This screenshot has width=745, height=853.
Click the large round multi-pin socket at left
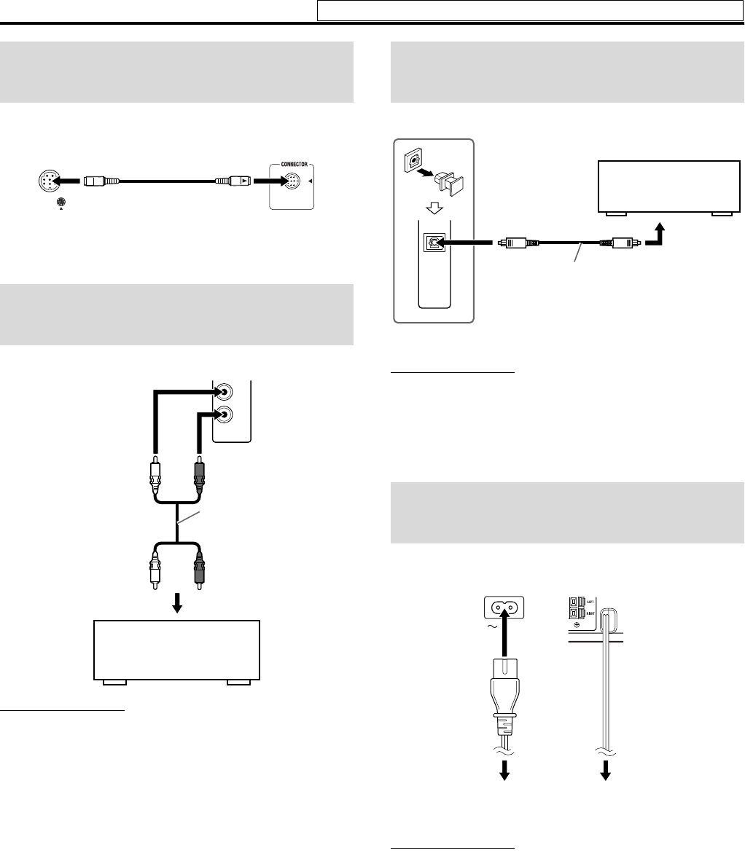pyautogui.click(x=48, y=181)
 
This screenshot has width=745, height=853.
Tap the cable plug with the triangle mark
pyautogui.click(x=235, y=180)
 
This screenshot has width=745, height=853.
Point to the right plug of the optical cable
pyautogui.click(x=617, y=244)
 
